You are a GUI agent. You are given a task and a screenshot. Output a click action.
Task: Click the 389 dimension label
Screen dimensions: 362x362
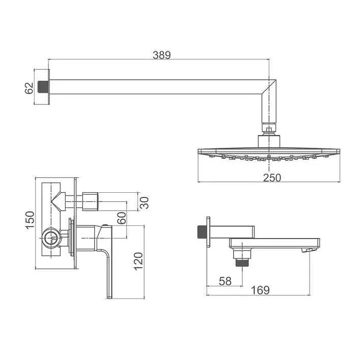pos(162,55)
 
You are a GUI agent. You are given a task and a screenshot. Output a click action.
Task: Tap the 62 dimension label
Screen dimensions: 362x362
pos(29,88)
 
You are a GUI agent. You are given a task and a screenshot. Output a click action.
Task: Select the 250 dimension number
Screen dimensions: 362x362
pos(272,177)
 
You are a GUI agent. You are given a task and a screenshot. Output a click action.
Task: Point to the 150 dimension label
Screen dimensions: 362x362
pos(30,220)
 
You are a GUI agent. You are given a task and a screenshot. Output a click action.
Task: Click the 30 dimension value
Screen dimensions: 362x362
pos(144,203)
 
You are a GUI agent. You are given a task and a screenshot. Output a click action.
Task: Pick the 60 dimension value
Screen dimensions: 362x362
pos(122,218)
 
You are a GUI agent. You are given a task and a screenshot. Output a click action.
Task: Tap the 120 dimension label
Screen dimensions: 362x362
pos(138,262)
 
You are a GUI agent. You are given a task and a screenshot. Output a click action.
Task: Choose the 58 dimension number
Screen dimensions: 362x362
pos(225,281)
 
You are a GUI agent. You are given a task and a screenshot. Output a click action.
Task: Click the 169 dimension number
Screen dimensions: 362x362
pos(260,290)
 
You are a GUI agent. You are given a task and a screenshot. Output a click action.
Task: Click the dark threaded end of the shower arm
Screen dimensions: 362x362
pos(43,87)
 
